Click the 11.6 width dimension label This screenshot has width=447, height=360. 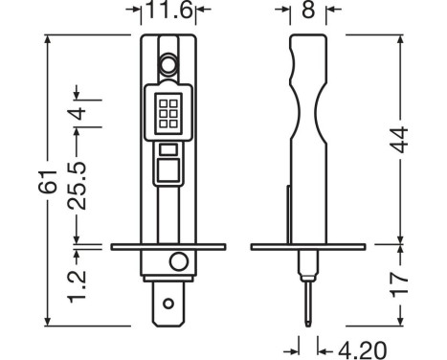coord(169,10)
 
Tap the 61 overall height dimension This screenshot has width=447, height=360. coord(48,182)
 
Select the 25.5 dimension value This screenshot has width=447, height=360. coord(78,186)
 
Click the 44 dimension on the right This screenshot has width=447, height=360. coord(399,140)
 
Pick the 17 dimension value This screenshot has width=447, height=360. coord(399,284)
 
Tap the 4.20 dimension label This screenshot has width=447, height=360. coord(362,350)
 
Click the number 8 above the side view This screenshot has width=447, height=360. coord(308,10)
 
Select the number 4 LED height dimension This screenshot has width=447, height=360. coord(78,113)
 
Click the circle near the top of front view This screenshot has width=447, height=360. coord(168,65)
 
